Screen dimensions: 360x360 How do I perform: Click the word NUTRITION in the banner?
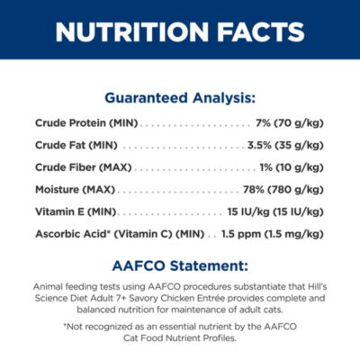tap(131, 31)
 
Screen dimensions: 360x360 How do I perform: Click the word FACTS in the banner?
tap(261, 31)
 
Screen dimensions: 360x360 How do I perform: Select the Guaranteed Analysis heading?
tap(180, 98)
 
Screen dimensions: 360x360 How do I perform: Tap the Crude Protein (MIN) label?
tap(86, 123)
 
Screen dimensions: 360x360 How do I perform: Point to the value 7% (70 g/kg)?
tap(290, 123)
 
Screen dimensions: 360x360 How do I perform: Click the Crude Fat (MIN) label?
tap(76, 146)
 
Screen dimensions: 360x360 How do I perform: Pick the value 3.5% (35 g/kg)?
tap(285, 146)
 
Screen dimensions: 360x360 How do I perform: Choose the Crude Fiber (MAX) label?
tap(84, 167)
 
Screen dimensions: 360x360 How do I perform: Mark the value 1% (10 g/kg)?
tap(292, 167)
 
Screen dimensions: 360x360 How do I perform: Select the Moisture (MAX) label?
tap(75, 190)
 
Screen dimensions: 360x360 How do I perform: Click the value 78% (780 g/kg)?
tap(283, 190)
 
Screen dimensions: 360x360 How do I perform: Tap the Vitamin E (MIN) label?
tap(76, 212)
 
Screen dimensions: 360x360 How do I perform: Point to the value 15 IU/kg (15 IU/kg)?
tap(275, 212)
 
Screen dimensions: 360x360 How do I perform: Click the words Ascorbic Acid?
tap(70, 234)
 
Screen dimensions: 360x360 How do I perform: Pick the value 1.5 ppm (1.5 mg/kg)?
tap(273, 234)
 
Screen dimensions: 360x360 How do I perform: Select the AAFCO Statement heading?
tap(180, 266)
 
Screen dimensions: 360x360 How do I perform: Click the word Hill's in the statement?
tap(318, 286)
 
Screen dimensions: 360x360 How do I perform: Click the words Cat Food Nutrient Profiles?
tap(180, 338)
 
